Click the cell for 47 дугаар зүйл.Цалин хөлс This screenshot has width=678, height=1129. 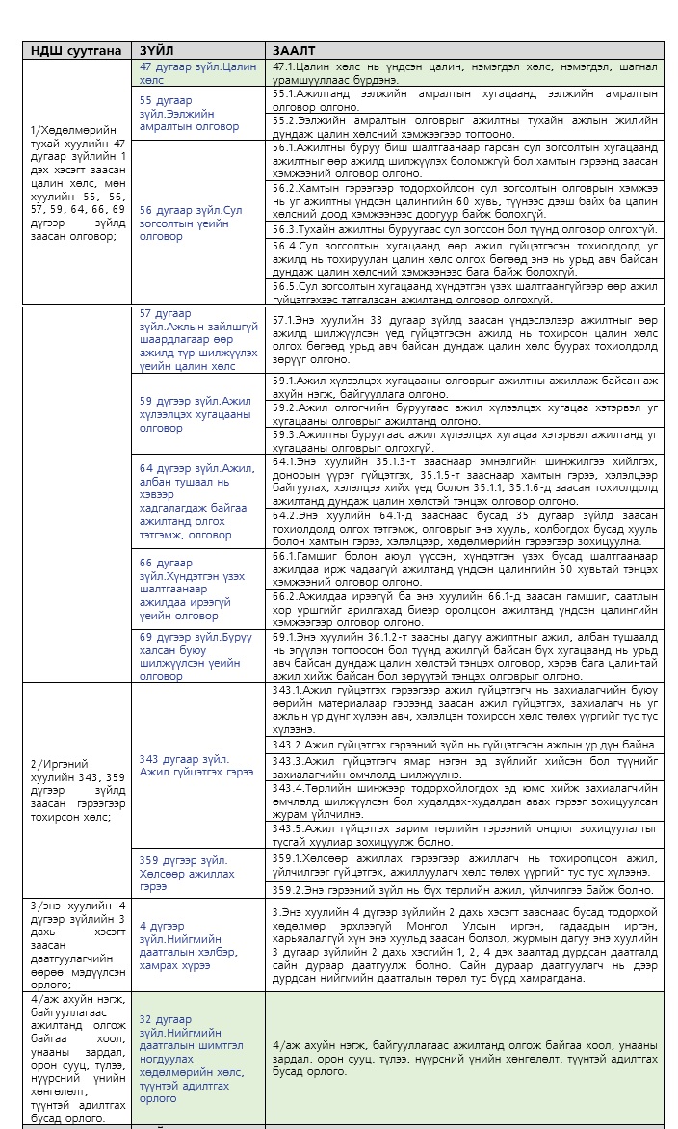coord(200,73)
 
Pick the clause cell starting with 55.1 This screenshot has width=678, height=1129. coord(465,100)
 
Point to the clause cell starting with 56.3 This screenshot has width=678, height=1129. coord(465,229)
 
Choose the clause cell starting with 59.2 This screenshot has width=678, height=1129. coord(465,414)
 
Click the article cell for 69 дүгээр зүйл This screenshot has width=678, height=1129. coord(200,656)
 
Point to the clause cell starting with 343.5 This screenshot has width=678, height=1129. coord(465,835)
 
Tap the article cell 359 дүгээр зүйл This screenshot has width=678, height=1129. coord(200,873)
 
